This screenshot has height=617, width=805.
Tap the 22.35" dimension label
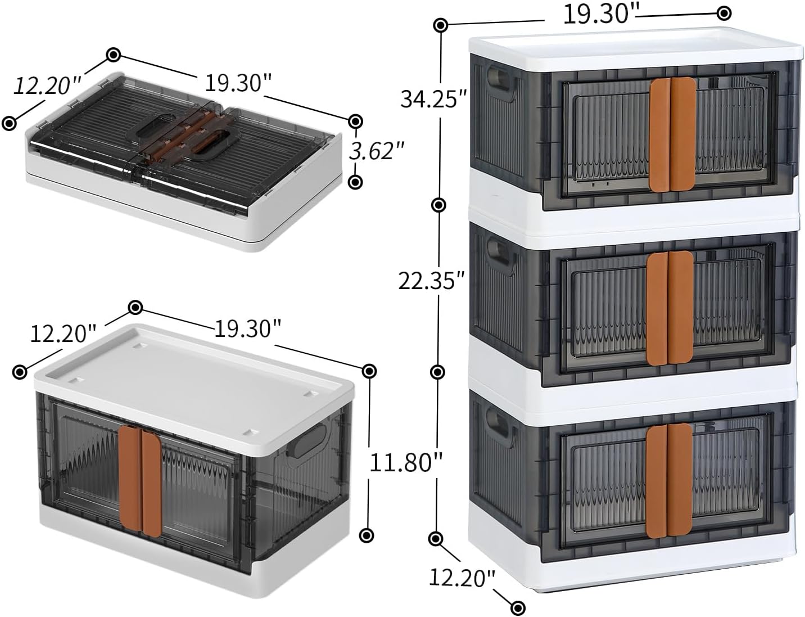pyautogui.click(x=431, y=281)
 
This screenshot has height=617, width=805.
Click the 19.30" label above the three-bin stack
pyautogui.click(x=599, y=14)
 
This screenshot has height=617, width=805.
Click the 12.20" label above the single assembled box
pyautogui.click(x=63, y=334)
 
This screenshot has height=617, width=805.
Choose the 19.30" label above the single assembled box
pyautogui.click(x=247, y=328)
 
